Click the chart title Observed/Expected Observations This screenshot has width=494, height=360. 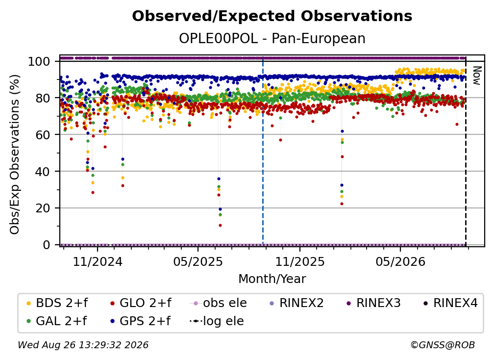[272, 16]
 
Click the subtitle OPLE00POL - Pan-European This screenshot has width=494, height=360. [272, 39]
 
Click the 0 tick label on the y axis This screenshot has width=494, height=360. [47, 245]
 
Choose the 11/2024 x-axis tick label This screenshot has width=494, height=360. [98, 261]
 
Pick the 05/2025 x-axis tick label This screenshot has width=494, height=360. [198, 261]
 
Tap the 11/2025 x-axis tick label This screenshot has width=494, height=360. [300, 261]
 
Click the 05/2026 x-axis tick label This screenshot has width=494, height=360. [400, 261]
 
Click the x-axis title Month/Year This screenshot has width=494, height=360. [272, 279]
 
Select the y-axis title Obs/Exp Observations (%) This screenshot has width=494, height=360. [15, 154]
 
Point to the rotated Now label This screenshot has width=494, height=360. [476, 76]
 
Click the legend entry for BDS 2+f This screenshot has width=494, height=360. [57, 303]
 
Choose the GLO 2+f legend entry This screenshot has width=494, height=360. [141, 303]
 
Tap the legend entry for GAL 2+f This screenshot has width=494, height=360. [57, 321]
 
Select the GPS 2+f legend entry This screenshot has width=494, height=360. [140, 321]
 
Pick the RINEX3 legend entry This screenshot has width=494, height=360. [373, 303]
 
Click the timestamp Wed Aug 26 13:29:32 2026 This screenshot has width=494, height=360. [83, 345]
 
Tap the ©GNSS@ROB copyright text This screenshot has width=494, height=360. [443, 345]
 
